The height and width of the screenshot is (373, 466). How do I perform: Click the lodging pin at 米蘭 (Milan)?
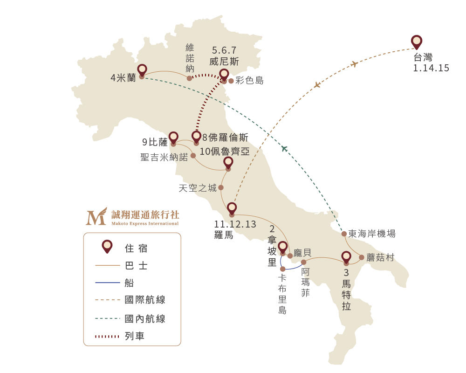[x=142, y=71]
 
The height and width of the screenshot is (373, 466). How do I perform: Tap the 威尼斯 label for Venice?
[x=224, y=62]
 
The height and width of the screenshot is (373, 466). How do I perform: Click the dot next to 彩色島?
[x=231, y=81]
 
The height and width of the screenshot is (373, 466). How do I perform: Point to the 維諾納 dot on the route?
[x=189, y=78]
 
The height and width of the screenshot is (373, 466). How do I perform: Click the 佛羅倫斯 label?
[x=228, y=138]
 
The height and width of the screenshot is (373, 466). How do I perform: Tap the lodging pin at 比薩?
[x=173, y=138]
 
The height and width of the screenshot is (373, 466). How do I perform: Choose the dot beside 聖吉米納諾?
[x=193, y=156]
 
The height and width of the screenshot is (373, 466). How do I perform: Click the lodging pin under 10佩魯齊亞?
[x=228, y=163]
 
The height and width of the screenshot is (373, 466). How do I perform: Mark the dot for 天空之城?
[x=221, y=187]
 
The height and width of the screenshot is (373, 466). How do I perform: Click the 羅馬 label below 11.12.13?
[x=224, y=235]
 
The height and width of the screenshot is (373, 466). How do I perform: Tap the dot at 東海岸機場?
[x=344, y=234]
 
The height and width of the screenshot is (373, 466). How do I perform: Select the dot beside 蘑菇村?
[x=362, y=257]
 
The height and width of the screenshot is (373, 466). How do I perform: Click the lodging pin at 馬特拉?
[x=346, y=257]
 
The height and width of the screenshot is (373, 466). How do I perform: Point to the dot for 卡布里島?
[x=283, y=269]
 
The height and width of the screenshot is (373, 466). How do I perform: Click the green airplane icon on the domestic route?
[x=284, y=148]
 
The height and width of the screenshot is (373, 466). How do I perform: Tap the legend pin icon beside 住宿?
[x=107, y=247]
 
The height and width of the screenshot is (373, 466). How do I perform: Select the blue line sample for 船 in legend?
[x=108, y=283]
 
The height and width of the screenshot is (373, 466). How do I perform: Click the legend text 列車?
[x=135, y=336]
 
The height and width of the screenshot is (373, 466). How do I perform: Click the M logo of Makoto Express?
[x=96, y=216]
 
